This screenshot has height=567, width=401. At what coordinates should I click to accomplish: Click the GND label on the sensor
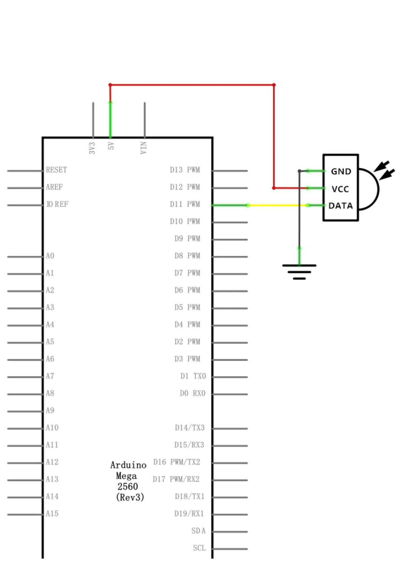(x=341, y=171)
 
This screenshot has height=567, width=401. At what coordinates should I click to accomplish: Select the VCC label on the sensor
(x=340, y=189)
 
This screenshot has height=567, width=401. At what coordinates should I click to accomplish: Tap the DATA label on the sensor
(x=340, y=206)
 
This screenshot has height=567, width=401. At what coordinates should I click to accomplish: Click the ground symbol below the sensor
(x=299, y=271)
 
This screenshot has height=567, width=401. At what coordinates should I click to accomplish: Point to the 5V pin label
(x=111, y=146)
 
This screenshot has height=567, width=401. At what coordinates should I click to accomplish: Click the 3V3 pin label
(x=92, y=148)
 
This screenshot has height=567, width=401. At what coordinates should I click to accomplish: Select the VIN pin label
(x=143, y=147)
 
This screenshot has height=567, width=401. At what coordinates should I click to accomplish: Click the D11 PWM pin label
(x=185, y=204)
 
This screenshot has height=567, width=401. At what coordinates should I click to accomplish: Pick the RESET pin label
(x=56, y=170)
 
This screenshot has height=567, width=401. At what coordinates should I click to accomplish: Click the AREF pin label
(x=54, y=187)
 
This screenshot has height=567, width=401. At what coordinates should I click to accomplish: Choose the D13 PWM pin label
(x=185, y=170)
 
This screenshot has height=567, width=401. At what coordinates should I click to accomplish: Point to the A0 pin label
(x=50, y=256)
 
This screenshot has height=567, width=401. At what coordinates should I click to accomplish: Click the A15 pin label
(x=52, y=513)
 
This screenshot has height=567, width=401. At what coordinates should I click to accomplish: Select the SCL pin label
(x=199, y=548)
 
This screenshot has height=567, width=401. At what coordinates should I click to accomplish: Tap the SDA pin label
(x=198, y=531)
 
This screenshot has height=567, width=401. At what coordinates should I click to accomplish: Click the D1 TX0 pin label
(x=193, y=376)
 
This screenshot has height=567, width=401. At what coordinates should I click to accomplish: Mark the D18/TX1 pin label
(x=189, y=496)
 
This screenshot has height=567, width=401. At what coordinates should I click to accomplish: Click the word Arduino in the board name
(x=128, y=465)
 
